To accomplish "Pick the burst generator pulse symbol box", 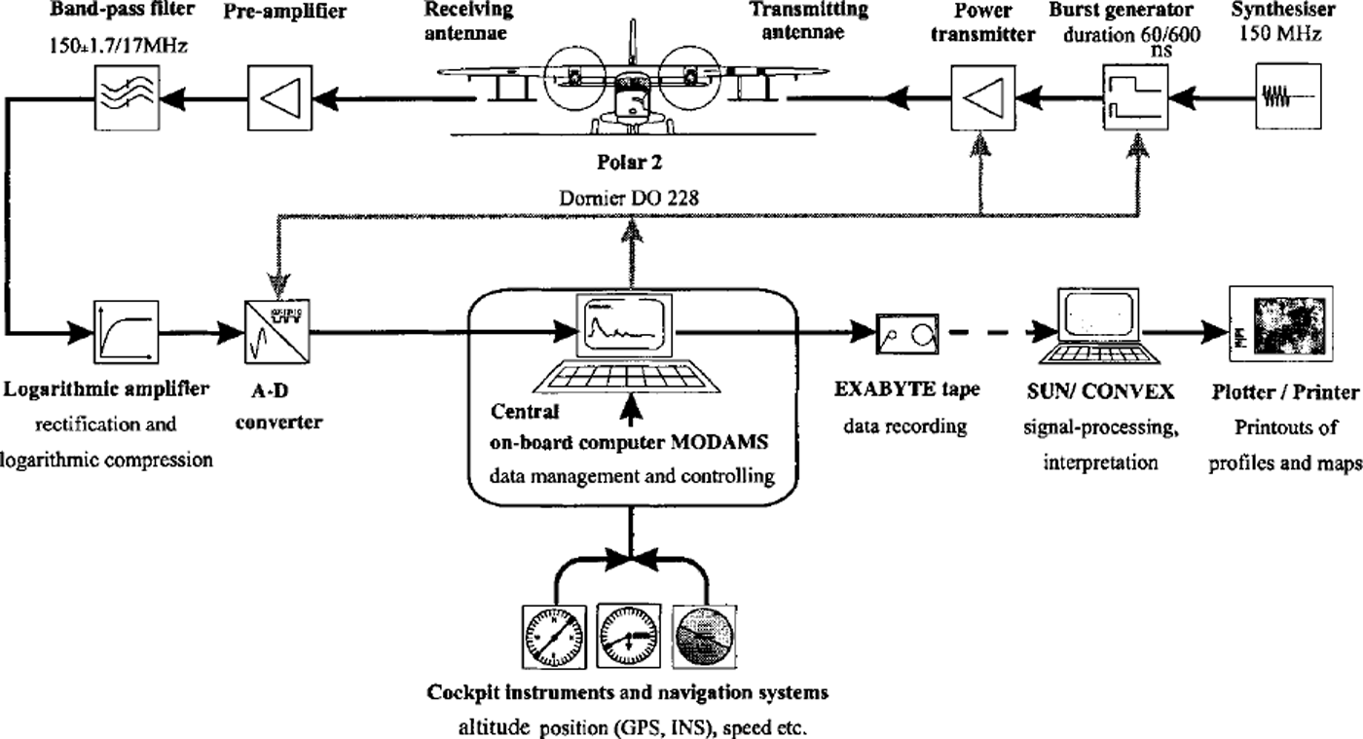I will [x=1132, y=94].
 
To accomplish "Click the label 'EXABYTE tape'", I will [x=907, y=390].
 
